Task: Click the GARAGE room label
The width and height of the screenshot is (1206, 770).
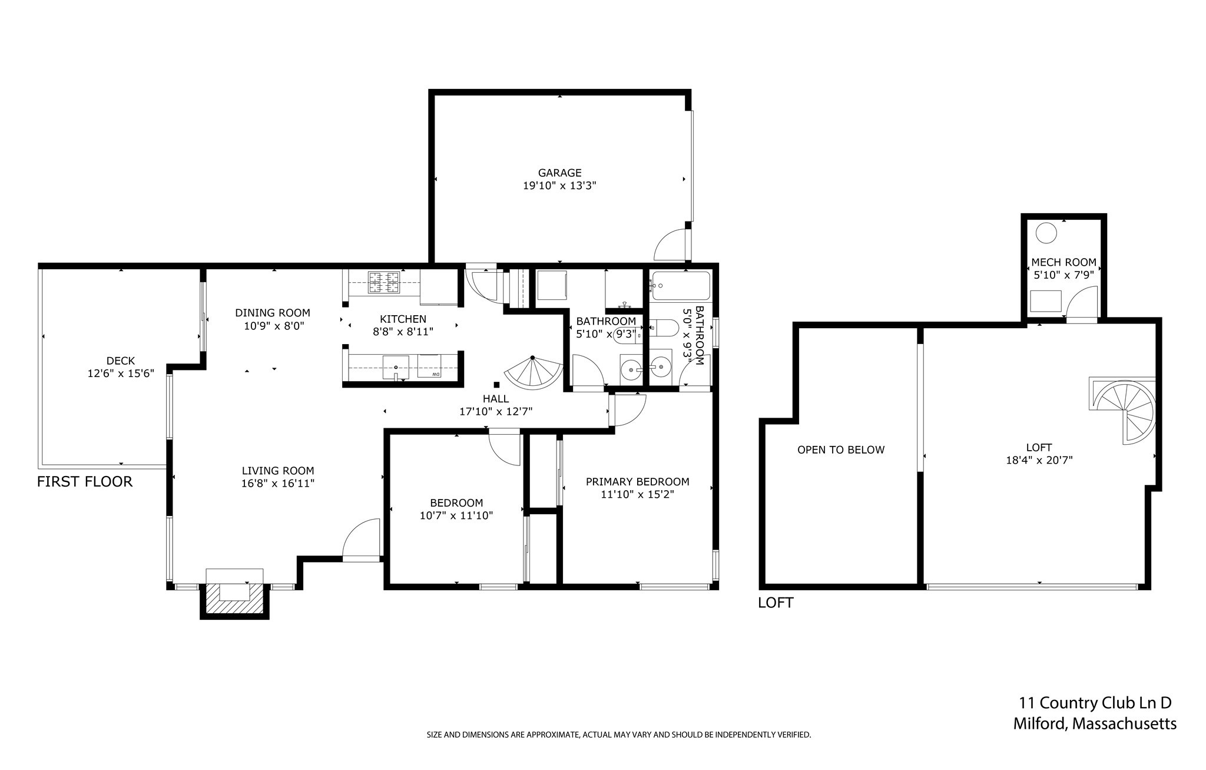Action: click(x=559, y=173)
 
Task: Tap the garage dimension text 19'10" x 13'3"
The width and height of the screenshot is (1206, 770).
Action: click(x=559, y=186)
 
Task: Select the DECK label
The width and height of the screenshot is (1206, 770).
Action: click(x=121, y=361)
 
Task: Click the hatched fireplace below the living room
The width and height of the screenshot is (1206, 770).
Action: click(x=234, y=600)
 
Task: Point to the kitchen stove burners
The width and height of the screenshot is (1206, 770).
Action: click(x=383, y=282)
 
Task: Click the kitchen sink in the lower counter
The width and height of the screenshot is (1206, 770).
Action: click(x=396, y=367)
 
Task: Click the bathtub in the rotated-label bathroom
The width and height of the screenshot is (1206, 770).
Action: click(x=681, y=286)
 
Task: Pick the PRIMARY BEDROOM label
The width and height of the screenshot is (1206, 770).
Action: click(x=637, y=482)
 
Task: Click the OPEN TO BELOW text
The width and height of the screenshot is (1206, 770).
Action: click(x=840, y=450)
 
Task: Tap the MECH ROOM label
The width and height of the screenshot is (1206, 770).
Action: click(x=1063, y=263)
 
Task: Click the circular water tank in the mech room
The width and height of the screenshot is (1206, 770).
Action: click(x=1046, y=233)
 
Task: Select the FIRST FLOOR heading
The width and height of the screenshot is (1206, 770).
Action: click(x=85, y=482)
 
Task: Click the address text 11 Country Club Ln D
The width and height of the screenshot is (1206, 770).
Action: click(x=1095, y=703)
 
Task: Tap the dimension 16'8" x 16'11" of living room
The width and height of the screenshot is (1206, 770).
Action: click(x=278, y=484)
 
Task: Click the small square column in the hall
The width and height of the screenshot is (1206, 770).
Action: click(x=496, y=385)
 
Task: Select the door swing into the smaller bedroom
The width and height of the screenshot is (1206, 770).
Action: click(x=505, y=450)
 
